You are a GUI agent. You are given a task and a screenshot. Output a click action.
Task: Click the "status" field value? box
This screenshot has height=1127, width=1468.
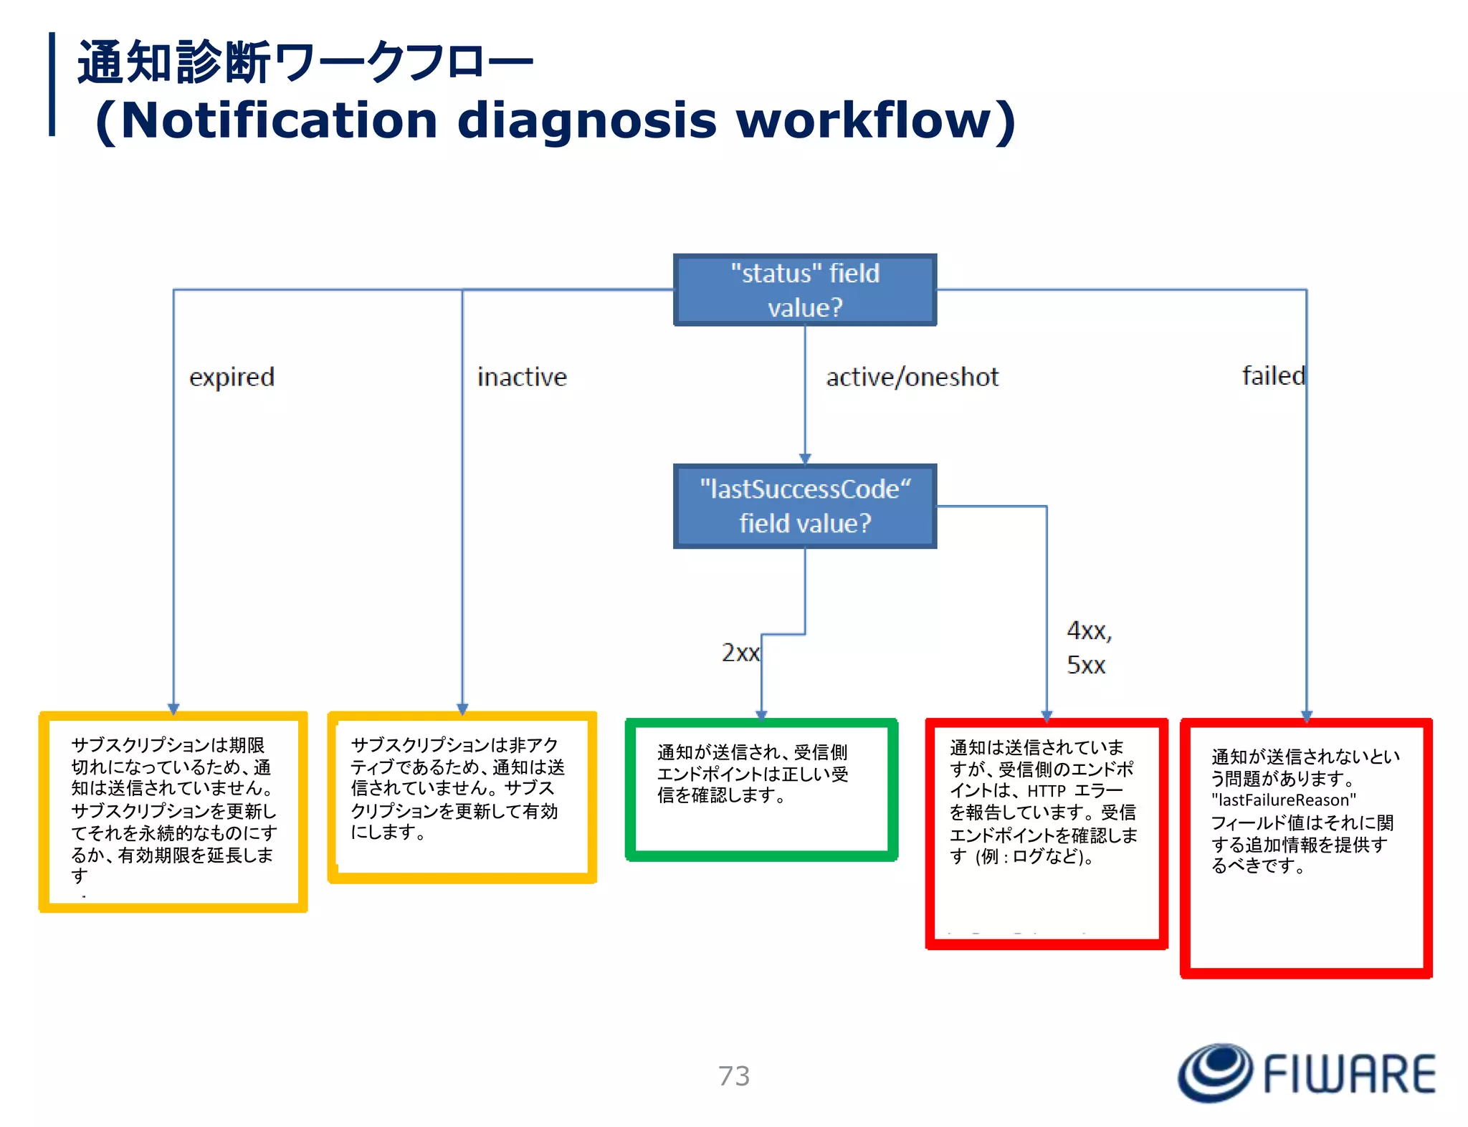pos(804,290)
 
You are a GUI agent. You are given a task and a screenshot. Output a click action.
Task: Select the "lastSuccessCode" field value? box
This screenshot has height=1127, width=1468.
pos(804,506)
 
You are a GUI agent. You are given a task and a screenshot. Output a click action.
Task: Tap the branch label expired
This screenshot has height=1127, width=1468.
pos(232,377)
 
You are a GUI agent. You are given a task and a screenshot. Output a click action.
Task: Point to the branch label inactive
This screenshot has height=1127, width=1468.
pos(522,377)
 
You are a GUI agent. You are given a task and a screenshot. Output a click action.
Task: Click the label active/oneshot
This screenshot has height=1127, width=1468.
pos(912,377)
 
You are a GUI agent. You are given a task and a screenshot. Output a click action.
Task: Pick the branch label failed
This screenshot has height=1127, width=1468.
pos(1272,375)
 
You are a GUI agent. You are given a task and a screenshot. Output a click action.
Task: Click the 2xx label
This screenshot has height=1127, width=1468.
pos(740,653)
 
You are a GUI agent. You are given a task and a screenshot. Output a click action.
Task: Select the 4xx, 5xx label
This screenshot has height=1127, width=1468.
pos(1087,648)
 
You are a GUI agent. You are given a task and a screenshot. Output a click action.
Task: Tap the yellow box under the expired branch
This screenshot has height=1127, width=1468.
pos(173,812)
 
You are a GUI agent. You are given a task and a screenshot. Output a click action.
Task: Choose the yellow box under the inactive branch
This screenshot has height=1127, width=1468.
pos(462,797)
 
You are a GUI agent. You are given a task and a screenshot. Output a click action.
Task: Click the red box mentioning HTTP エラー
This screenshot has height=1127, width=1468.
pos(1046,833)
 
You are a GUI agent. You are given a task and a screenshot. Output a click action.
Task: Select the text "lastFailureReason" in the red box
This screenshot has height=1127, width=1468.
pos(1283,800)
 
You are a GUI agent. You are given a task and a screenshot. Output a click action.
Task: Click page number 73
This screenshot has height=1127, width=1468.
pos(734,1076)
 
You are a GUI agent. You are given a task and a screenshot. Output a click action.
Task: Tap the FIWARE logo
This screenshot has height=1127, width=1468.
pos(1306,1073)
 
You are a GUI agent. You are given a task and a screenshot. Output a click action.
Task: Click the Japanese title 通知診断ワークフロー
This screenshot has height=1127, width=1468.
pos(305,63)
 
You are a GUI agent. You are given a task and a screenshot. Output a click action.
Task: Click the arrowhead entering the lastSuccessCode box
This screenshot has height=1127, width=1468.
pos(805,459)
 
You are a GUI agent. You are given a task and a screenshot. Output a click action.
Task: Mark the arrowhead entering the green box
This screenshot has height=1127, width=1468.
pos(761,714)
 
